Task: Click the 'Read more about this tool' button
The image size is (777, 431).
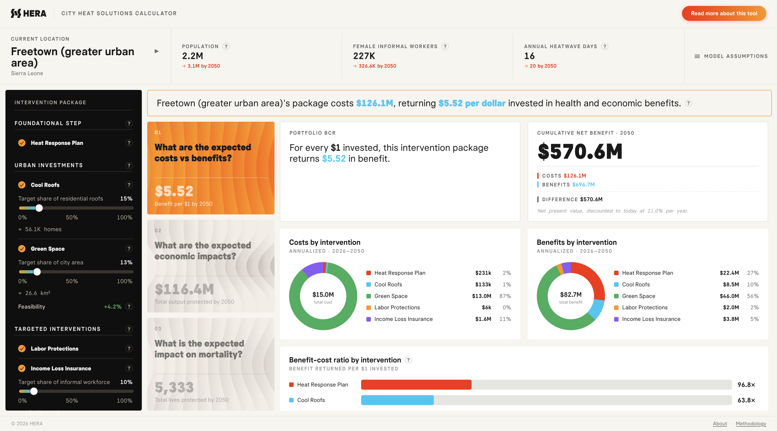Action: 724,13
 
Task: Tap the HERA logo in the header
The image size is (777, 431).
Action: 29,13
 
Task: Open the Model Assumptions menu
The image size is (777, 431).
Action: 731,56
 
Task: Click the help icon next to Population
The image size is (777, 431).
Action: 226,46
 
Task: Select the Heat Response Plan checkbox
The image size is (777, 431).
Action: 22,143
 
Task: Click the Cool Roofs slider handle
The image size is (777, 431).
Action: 39,208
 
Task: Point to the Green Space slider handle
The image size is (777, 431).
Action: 37,272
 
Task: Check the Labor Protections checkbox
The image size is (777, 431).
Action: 22,349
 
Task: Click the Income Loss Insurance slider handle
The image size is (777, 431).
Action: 34,391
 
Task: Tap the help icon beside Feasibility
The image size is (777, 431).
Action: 129,307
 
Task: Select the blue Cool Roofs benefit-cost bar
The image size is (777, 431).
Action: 397,400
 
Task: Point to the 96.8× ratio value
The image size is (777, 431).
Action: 746,385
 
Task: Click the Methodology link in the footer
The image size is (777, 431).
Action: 751,424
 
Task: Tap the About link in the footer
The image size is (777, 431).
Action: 720,424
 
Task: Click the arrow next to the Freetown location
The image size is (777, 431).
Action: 157,51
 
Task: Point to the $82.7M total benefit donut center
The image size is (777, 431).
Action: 571,297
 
